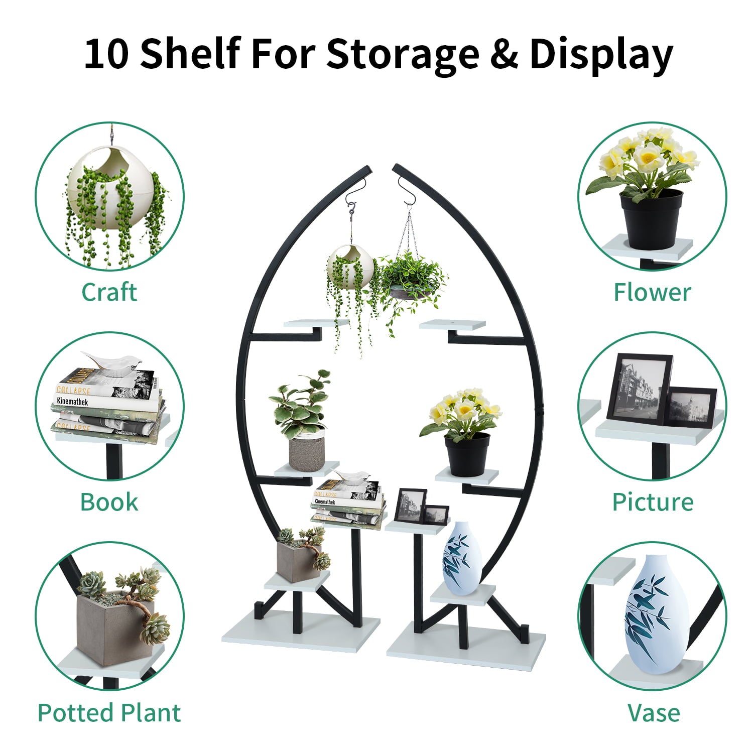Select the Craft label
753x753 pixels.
pyautogui.click(x=109, y=292)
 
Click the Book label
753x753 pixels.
pyautogui.click(x=109, y=502)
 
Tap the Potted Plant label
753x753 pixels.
pyautogui.click(x=109, y=713)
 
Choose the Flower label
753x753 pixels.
pyautogui.click(x=652, y=292)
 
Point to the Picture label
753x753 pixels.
pyautogui.click(x=652, y=502)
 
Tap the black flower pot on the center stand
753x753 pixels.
pyautogui.click(x=467, y=454)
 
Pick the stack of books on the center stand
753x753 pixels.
pyautogui.click(x=348, y=502)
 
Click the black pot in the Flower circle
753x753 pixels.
pyautogui.click(x=651, y=218)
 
